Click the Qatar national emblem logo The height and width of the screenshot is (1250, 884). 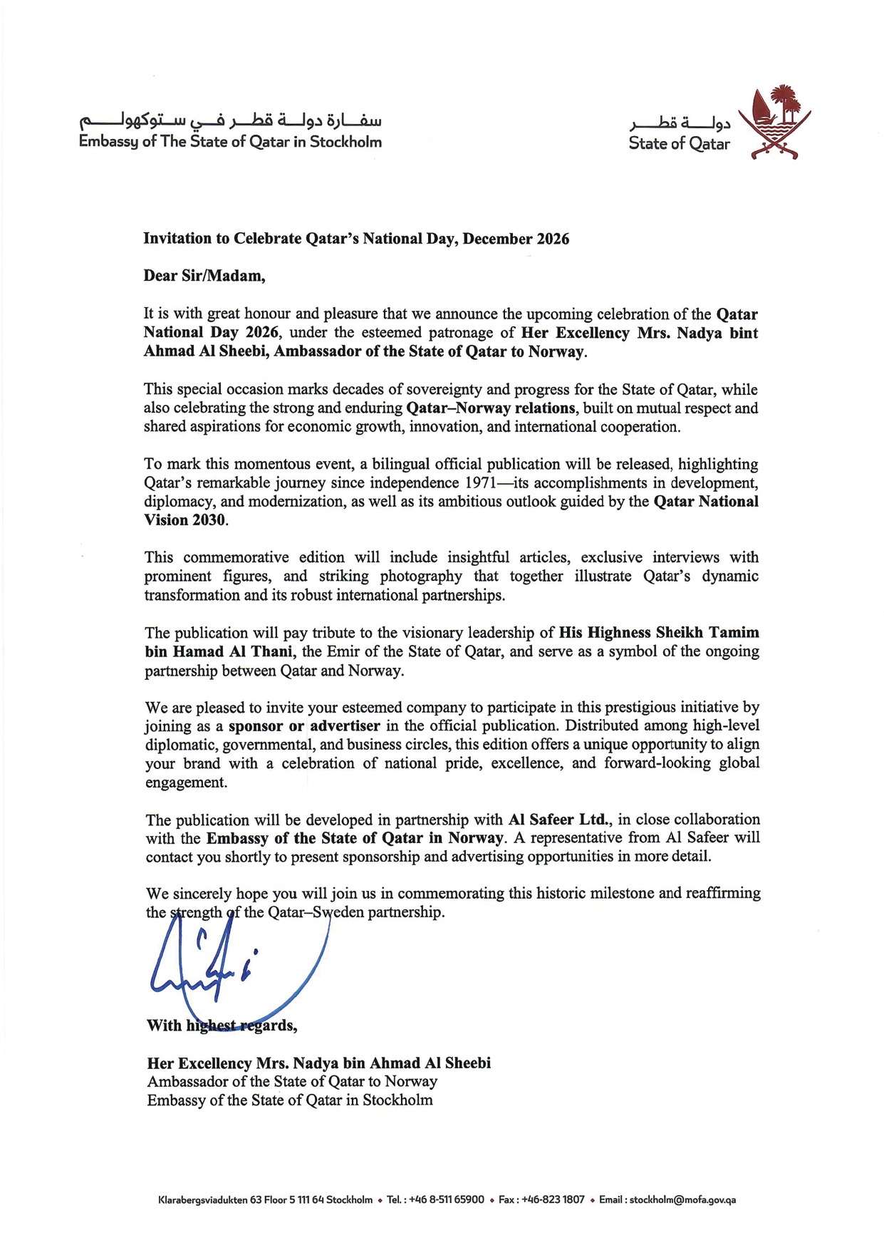pyautogui.click(x=774, y=122)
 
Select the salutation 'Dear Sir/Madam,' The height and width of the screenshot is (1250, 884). pyautogui.click(x=204, y=276)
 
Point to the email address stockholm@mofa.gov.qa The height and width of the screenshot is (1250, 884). pyautogui.click(x=682, y=1199)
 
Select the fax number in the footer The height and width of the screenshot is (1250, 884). pyautogui.click(x=553, y=1199)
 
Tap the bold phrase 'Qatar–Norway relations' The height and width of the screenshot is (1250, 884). pyautogui.click(x=490, y=408)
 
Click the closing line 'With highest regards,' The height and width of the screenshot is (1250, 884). pyautogui.click(x=222, y=1026)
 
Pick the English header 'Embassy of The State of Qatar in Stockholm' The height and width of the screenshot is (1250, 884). pyautogui.click(x=230, y=142)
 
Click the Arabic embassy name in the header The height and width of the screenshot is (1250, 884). pyautogui.click(x=230, y=119)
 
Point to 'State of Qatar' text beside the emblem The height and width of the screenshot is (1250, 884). pyautogui.click(x=679, y=144)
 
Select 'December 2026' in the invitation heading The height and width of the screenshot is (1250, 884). pyautogui.click(x=516, y=239)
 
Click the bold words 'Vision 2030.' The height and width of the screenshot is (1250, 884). pyautogui.click(x=187, y=520)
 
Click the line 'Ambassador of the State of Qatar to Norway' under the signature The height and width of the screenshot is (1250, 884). pyautogui.click(x=292, y=1082)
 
